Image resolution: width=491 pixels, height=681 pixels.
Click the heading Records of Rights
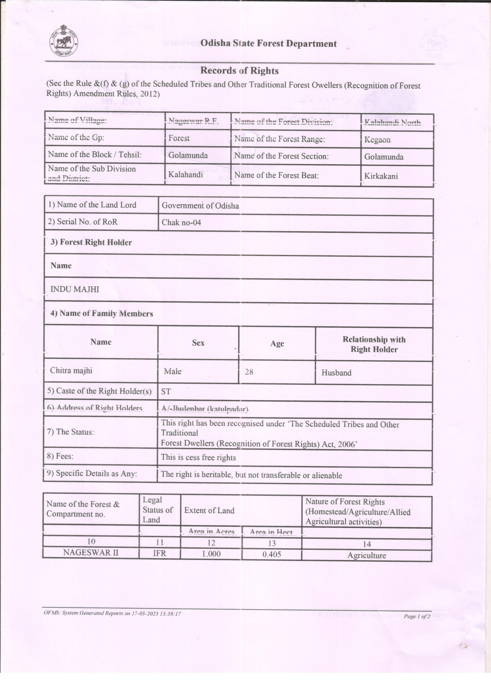click(x=239, y=71)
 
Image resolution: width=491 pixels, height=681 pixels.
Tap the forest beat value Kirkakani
click(x=381, y=176)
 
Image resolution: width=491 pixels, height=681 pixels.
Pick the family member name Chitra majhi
click(x=71, y=371)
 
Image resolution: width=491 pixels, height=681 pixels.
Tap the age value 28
click(x=249, y=372)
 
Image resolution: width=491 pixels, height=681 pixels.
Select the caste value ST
click(x=166, y=391)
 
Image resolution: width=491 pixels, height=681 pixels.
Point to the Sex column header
click(x=198, y=343)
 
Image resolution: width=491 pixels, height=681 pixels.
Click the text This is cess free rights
click(x=198, y=458)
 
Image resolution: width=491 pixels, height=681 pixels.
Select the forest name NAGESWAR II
click(x=91, y=553)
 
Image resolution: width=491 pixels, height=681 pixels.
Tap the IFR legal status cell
click(x=159, y=553)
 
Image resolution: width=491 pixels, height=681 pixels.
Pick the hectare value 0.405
click(x=272, y=554)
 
